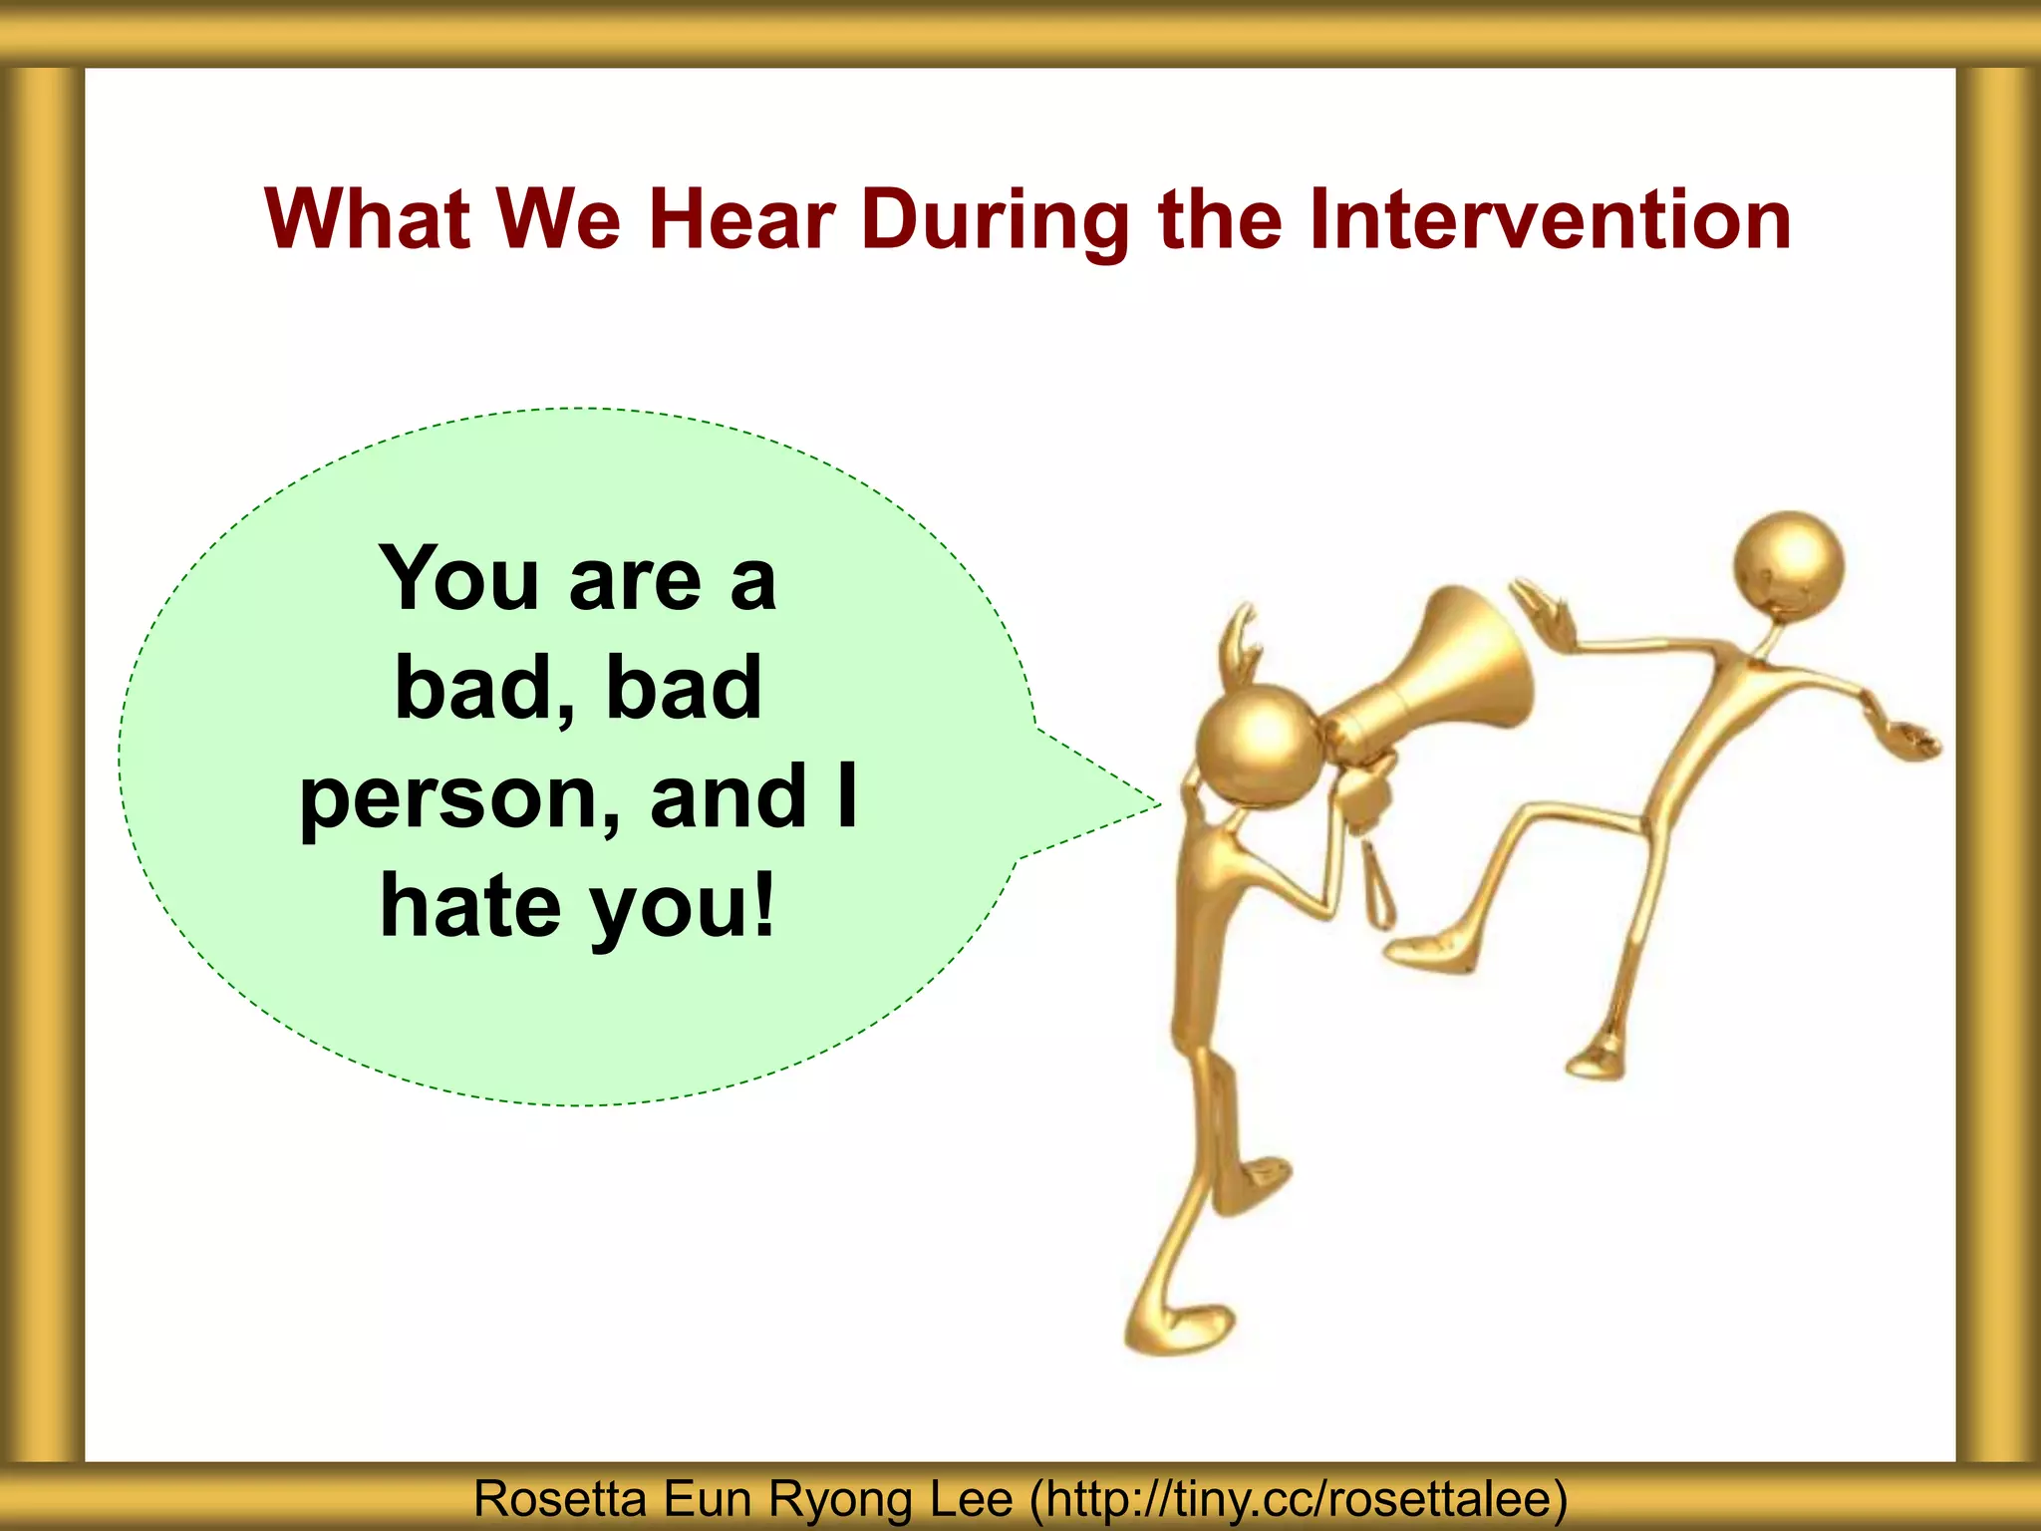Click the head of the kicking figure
pos(1788,566)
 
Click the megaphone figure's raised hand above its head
pos(1242,638)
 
